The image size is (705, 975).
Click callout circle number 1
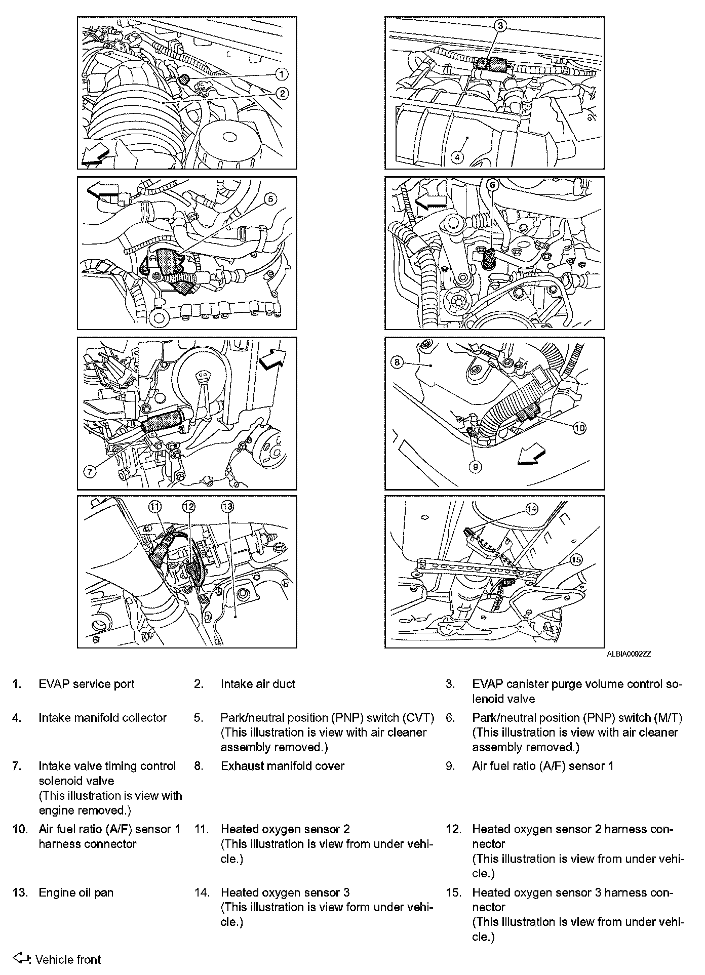(x=282, y=74)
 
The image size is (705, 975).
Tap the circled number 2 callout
(x=282, y=93)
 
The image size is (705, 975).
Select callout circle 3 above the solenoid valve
(x=499, y=26)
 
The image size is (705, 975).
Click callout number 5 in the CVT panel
(x=270, y=199)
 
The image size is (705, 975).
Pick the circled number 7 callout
(x=89, y=472)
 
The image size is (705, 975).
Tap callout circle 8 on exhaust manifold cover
(x=397, y=362)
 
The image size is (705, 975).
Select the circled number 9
(x=475, y=466)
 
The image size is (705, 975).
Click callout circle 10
(x=579, y=428)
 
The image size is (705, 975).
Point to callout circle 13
(x=227, y=506)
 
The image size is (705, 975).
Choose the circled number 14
(x=531, y=509)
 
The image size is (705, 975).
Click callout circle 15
(x=576, y=559)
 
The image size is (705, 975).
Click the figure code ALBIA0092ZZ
(x=629, y=654)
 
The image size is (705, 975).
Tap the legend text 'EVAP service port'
(x=87, y=684)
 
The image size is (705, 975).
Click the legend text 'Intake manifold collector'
(x=103, y=718)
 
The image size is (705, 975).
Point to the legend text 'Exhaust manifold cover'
(x=282, y=766)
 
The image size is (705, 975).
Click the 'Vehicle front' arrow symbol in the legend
(x=21, y=958)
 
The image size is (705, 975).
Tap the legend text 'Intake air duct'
(x=258, y=684)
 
